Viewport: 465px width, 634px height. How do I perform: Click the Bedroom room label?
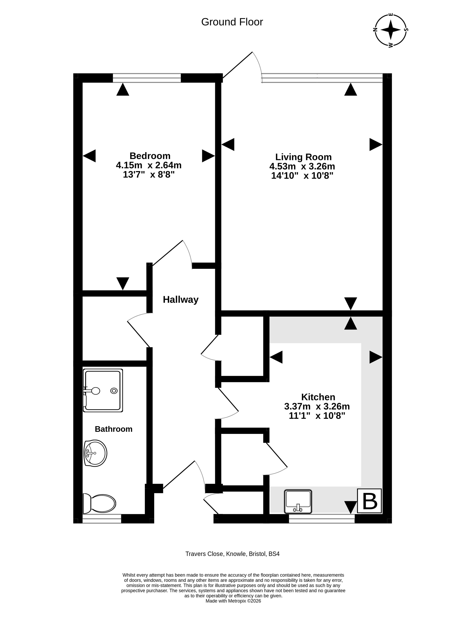point(150,156)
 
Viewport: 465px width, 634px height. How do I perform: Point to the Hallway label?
point(181,300)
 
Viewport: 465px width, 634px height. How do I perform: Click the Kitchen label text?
point(318,397)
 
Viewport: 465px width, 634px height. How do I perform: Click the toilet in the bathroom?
point(99,504)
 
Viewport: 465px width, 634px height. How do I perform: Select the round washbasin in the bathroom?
point(95,453)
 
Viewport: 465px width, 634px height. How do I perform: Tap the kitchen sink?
point(298,501)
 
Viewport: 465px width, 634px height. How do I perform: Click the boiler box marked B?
point(369,501)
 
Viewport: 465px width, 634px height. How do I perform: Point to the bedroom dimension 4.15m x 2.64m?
point(149,165)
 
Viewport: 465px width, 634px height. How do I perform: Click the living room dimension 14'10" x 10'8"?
point(302,176)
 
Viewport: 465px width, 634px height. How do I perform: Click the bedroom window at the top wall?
point(147,78)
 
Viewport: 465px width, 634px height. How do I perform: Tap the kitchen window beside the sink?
point(322,519)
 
